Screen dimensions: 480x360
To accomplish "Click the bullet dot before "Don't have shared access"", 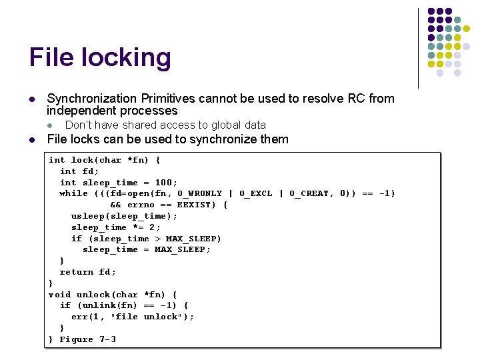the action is point(49,125).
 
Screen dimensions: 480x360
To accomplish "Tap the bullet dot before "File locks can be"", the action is point(32,140).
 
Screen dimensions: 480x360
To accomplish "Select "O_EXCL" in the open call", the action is point(256,193).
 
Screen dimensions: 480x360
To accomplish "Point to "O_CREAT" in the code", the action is point(312,193).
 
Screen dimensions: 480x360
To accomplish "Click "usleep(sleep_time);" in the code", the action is point(125,216).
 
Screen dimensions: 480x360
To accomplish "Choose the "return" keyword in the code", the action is point(77,272).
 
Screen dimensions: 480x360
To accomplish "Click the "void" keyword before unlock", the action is point(60,295).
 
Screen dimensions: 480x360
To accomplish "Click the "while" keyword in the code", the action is point(74,193).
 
